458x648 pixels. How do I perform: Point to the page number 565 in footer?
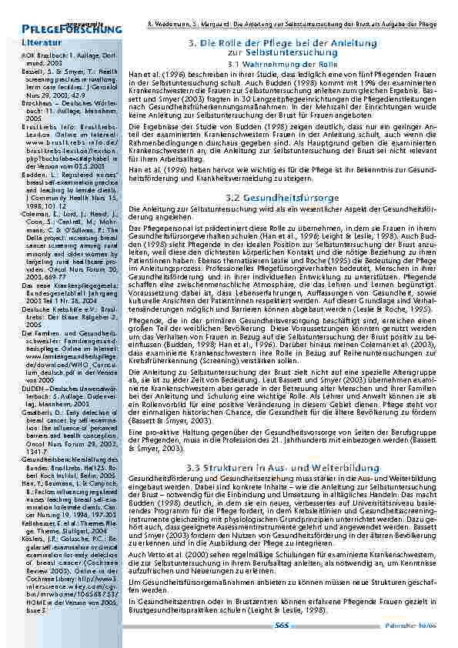(282, 624)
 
